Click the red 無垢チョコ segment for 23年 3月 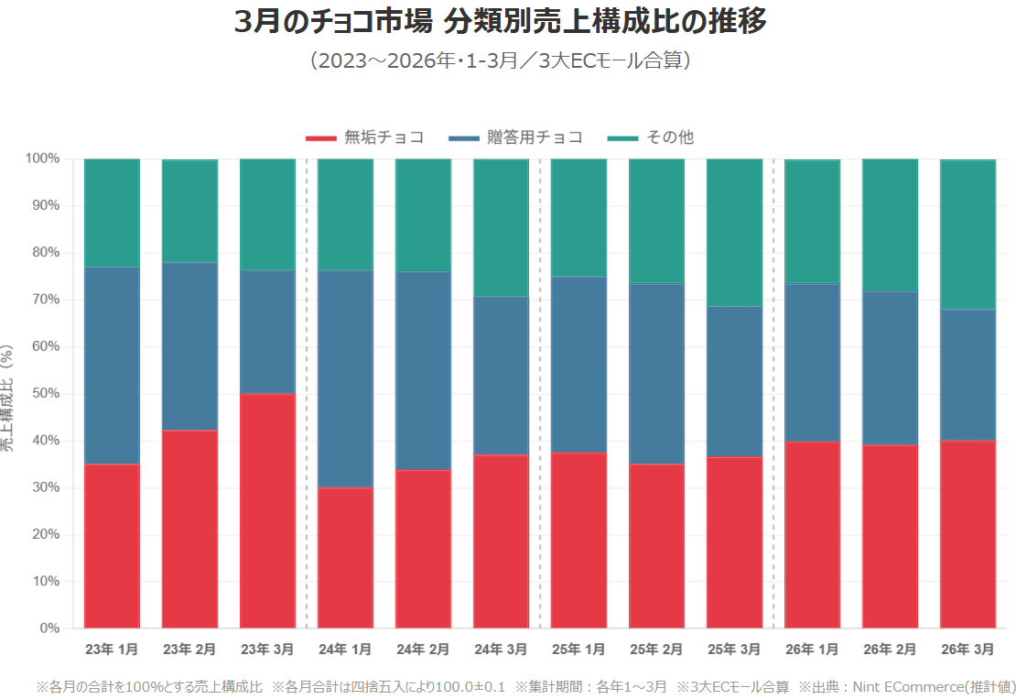point(267,510)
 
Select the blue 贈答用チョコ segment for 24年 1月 point(345,378)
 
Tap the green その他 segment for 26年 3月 point(967,235)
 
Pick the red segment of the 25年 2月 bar point(656,545)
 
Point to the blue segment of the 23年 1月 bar point(112,366)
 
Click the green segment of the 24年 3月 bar point(501,227)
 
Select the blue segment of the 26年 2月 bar point(890,368)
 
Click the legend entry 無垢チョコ point(366,137)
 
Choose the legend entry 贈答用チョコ point(517,137)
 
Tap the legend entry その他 point(651,137)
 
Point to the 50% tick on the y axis point(46,394)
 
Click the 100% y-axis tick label point(42,158)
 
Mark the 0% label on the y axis point(49,628)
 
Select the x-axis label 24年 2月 point(423,650)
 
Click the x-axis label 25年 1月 point(578,650)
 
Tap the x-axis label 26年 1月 point(812,650)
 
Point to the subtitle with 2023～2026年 point(500,61)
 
